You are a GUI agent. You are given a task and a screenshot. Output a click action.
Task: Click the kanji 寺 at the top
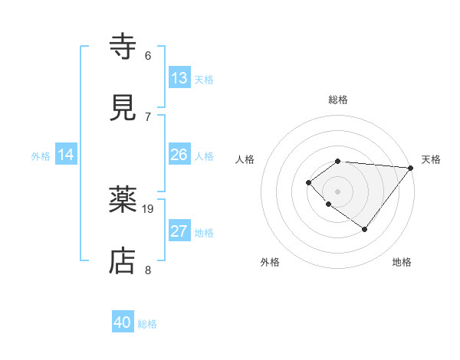(x=124, y=47)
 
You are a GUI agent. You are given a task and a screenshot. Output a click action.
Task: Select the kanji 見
(x=124, y=107)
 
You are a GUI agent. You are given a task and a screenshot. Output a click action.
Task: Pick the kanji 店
(x=124, y=260)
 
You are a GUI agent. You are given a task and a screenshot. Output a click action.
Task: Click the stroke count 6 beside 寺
(x=148, y=56)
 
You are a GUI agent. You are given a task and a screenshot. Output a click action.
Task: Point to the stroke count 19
(x=149, y=208)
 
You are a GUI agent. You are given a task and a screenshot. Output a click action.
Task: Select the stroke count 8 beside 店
(x=148, y=270)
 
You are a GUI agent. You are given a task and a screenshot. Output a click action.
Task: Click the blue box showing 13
(x=179, y=78)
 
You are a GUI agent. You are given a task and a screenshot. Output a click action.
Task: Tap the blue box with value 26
(x=179, y=155)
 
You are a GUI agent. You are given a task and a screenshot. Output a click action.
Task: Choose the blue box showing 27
(x=179, y=231)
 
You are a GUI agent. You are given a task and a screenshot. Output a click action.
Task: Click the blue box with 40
(x=123, y=323)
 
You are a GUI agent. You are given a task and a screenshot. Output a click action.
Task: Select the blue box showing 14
(x=66, y=155)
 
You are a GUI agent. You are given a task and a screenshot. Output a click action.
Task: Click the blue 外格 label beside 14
(x=41, y=155)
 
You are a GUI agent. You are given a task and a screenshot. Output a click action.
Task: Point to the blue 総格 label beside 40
(x=147, y=324)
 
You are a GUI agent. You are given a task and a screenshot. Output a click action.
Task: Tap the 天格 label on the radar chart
(x=431, y=159)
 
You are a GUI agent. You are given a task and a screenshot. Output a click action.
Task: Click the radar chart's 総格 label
(x=338, y=100)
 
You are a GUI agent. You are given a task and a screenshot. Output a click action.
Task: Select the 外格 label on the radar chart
(x=270, y=262)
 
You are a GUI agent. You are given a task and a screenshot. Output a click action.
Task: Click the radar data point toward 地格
(x=365, y=229)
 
